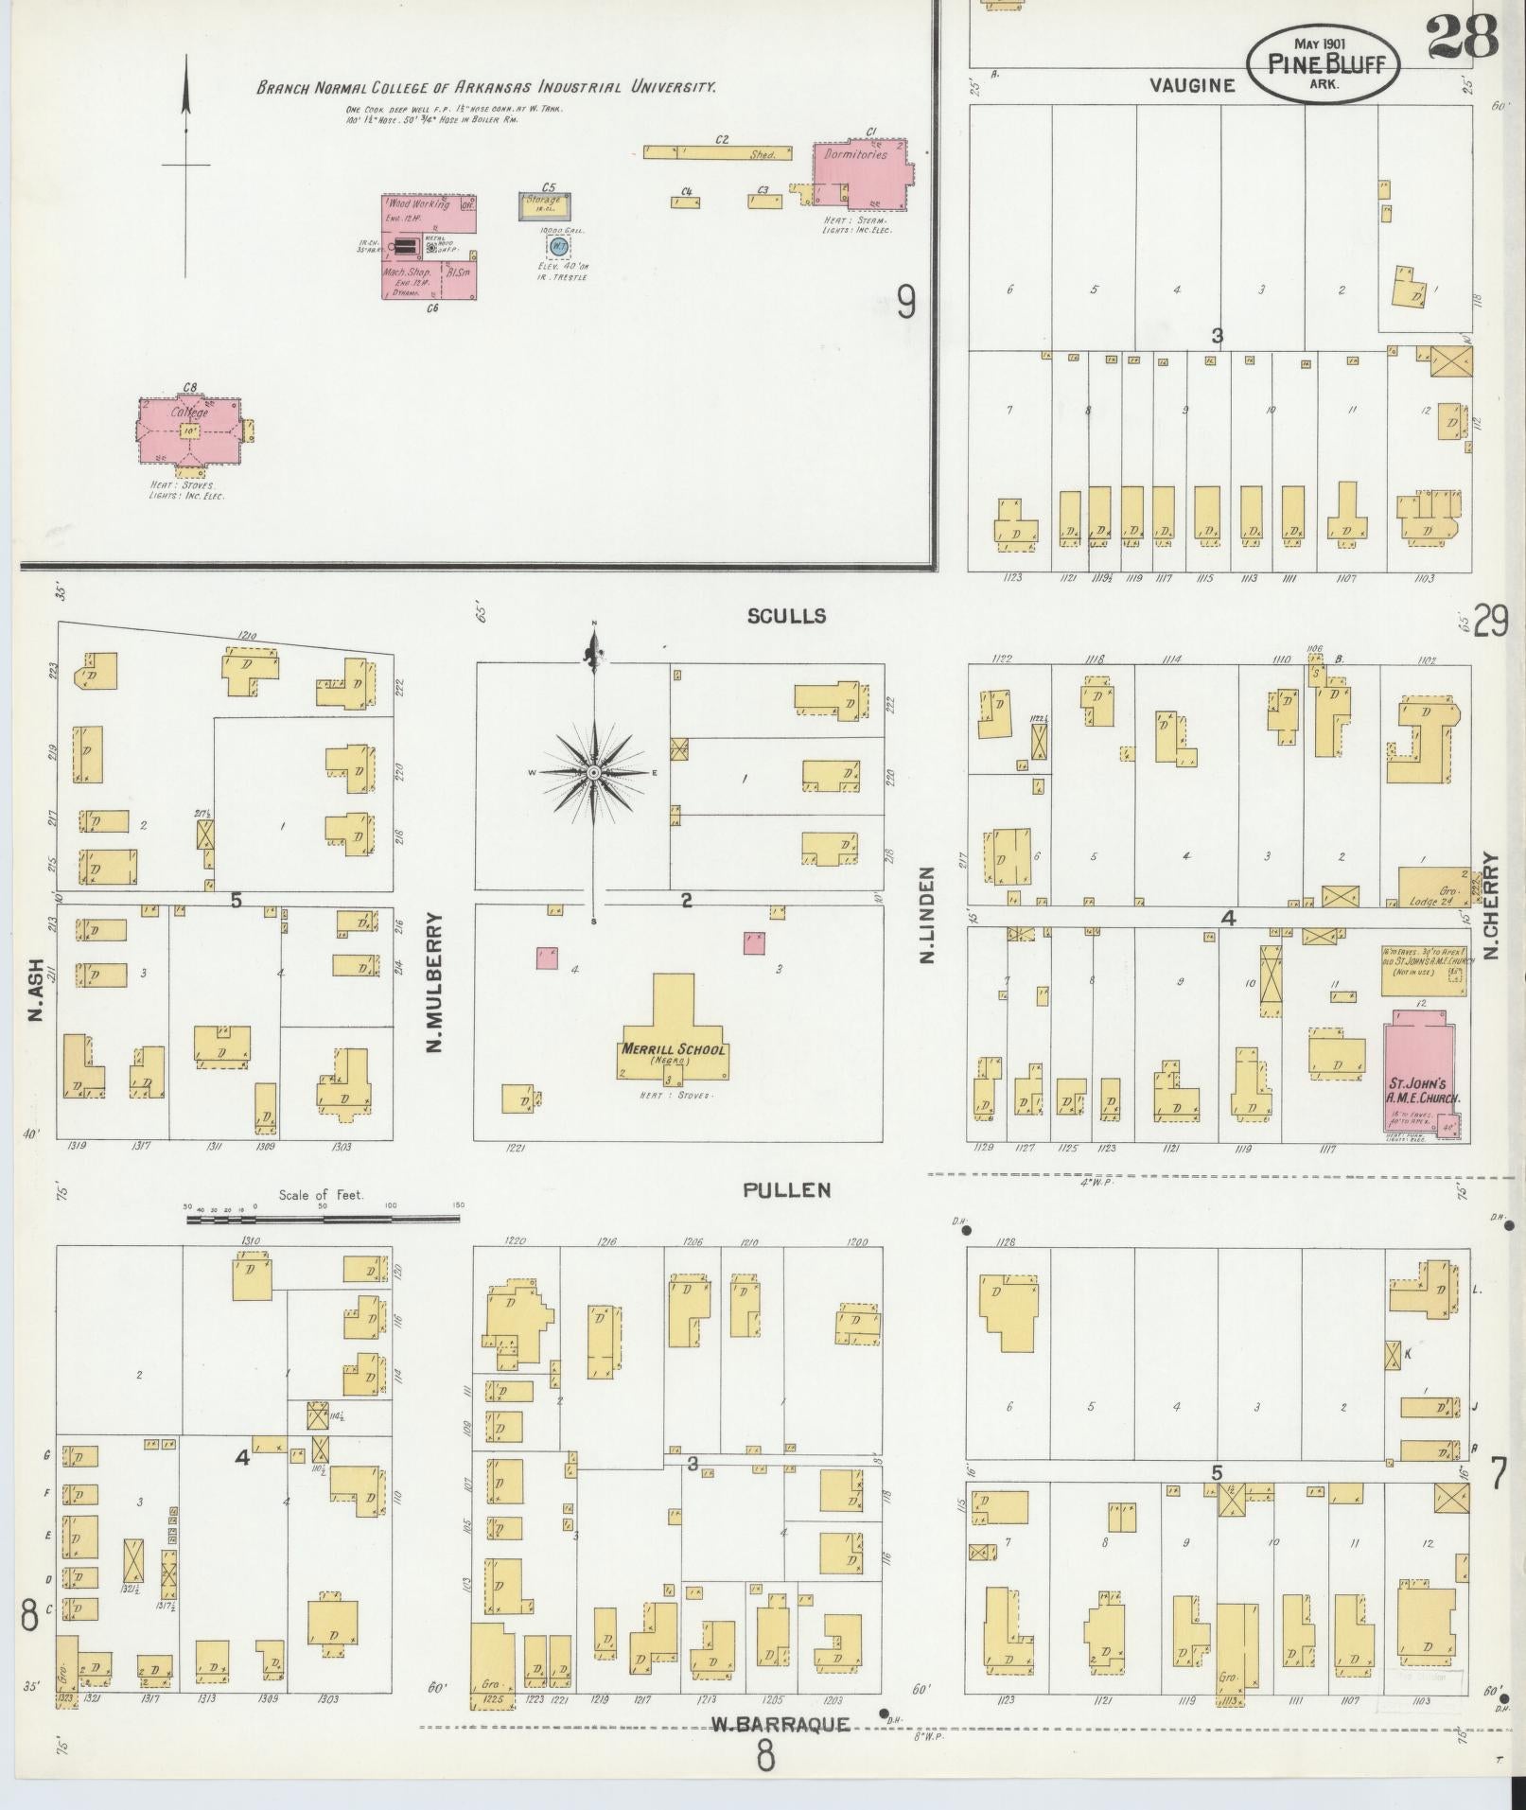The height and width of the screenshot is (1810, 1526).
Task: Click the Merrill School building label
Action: click(x=674, y=1050)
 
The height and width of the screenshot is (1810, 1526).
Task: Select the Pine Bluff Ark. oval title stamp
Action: click(x=1323, y=63)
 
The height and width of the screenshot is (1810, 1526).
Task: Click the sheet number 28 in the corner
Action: click(x=1462, y=36)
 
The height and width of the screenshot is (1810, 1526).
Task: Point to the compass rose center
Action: click(x=594, y=773)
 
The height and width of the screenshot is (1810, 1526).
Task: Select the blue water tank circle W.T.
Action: click(x=558, y=246)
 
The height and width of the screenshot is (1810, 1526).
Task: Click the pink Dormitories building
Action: click(x=861, y=175)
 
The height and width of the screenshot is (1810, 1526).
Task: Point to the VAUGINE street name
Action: click(x=1192, y=86)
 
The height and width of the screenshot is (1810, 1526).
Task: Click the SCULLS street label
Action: click(x=786, y=616)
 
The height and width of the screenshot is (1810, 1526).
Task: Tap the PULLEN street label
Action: click(x=786, y=1190)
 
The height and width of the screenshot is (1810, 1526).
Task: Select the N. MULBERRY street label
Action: click(x=435, y=984)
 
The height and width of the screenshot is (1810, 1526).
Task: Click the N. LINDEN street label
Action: click(x=926, y=914)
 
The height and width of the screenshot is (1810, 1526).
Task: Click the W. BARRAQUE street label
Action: click(x=781, y=1724)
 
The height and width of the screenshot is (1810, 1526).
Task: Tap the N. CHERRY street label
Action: click(x=1492, y=906)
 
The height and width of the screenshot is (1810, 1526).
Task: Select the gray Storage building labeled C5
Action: click(x=544, y=205)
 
